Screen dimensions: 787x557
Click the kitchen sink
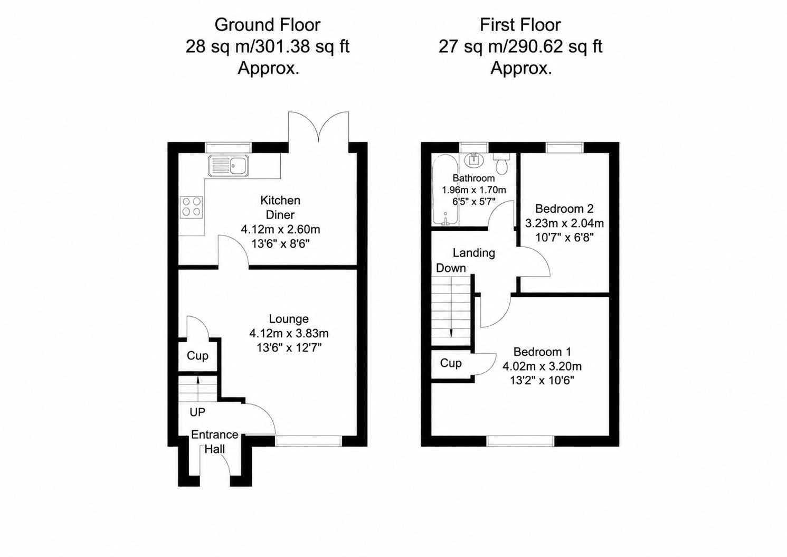pos(229,166)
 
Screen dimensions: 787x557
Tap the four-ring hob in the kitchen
pos(192,207)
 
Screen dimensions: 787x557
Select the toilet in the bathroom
pos(501,164)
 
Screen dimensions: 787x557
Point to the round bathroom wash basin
pos(474,160)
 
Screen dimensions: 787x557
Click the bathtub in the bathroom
pos(445,190)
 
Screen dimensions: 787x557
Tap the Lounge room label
pos(289,319)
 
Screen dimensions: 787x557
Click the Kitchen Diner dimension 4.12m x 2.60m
pos(280,230)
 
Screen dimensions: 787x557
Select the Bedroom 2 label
pos(564,209)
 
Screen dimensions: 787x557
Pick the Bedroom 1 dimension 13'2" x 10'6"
pos(542,380)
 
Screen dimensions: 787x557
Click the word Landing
pos(473,253)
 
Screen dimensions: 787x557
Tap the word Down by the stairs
pos(451,268)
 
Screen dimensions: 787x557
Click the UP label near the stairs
pos(197,412)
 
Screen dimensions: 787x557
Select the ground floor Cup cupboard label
pos(197,356)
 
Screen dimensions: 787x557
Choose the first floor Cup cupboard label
pos(451,363)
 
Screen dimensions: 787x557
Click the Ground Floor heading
pos(268,25)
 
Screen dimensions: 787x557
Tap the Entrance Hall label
pos(215,442)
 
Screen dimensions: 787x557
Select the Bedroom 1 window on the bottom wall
pos(520,441)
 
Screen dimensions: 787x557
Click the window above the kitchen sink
pos(229,147)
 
